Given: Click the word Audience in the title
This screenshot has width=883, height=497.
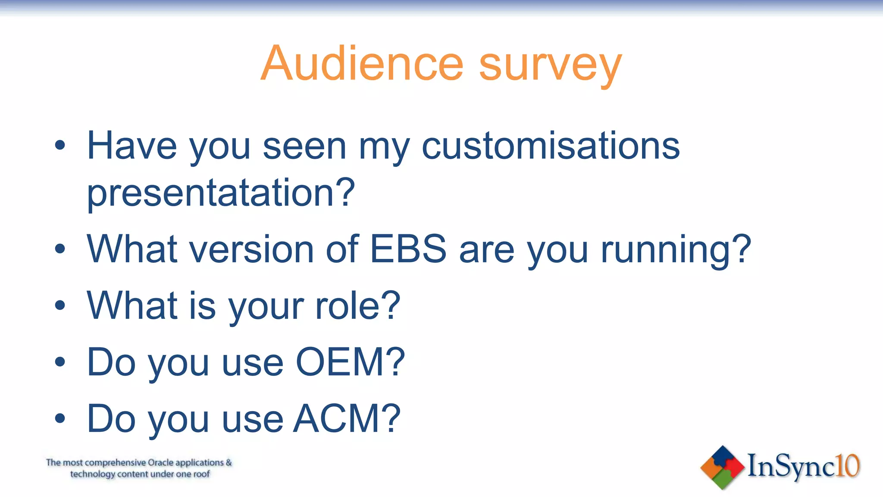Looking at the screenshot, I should pos(362,64).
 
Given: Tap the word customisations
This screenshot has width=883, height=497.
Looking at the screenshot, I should pos(551,146).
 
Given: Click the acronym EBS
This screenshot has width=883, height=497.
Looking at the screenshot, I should pos(408,249).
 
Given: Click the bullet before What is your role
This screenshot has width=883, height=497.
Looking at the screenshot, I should pos(60,305).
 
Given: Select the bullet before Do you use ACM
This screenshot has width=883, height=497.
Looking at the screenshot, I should pos(60,418).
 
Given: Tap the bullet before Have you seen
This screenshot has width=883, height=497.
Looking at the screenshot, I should pos(60,146).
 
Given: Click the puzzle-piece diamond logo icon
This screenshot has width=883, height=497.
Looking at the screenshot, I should pos(723,467).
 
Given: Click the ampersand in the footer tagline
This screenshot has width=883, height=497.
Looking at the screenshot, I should pos(229,462).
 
